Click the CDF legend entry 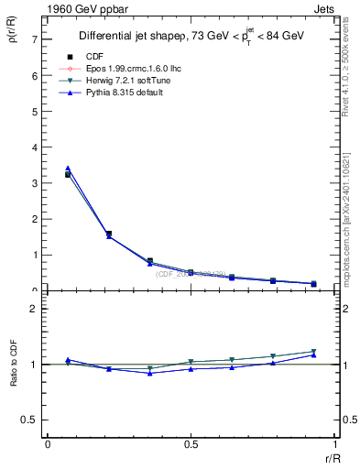[x=95, y=57]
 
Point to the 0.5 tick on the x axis [x=191, y=444]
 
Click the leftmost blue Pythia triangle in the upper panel [x=68, y=169]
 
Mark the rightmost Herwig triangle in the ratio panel [x=313, y=352]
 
